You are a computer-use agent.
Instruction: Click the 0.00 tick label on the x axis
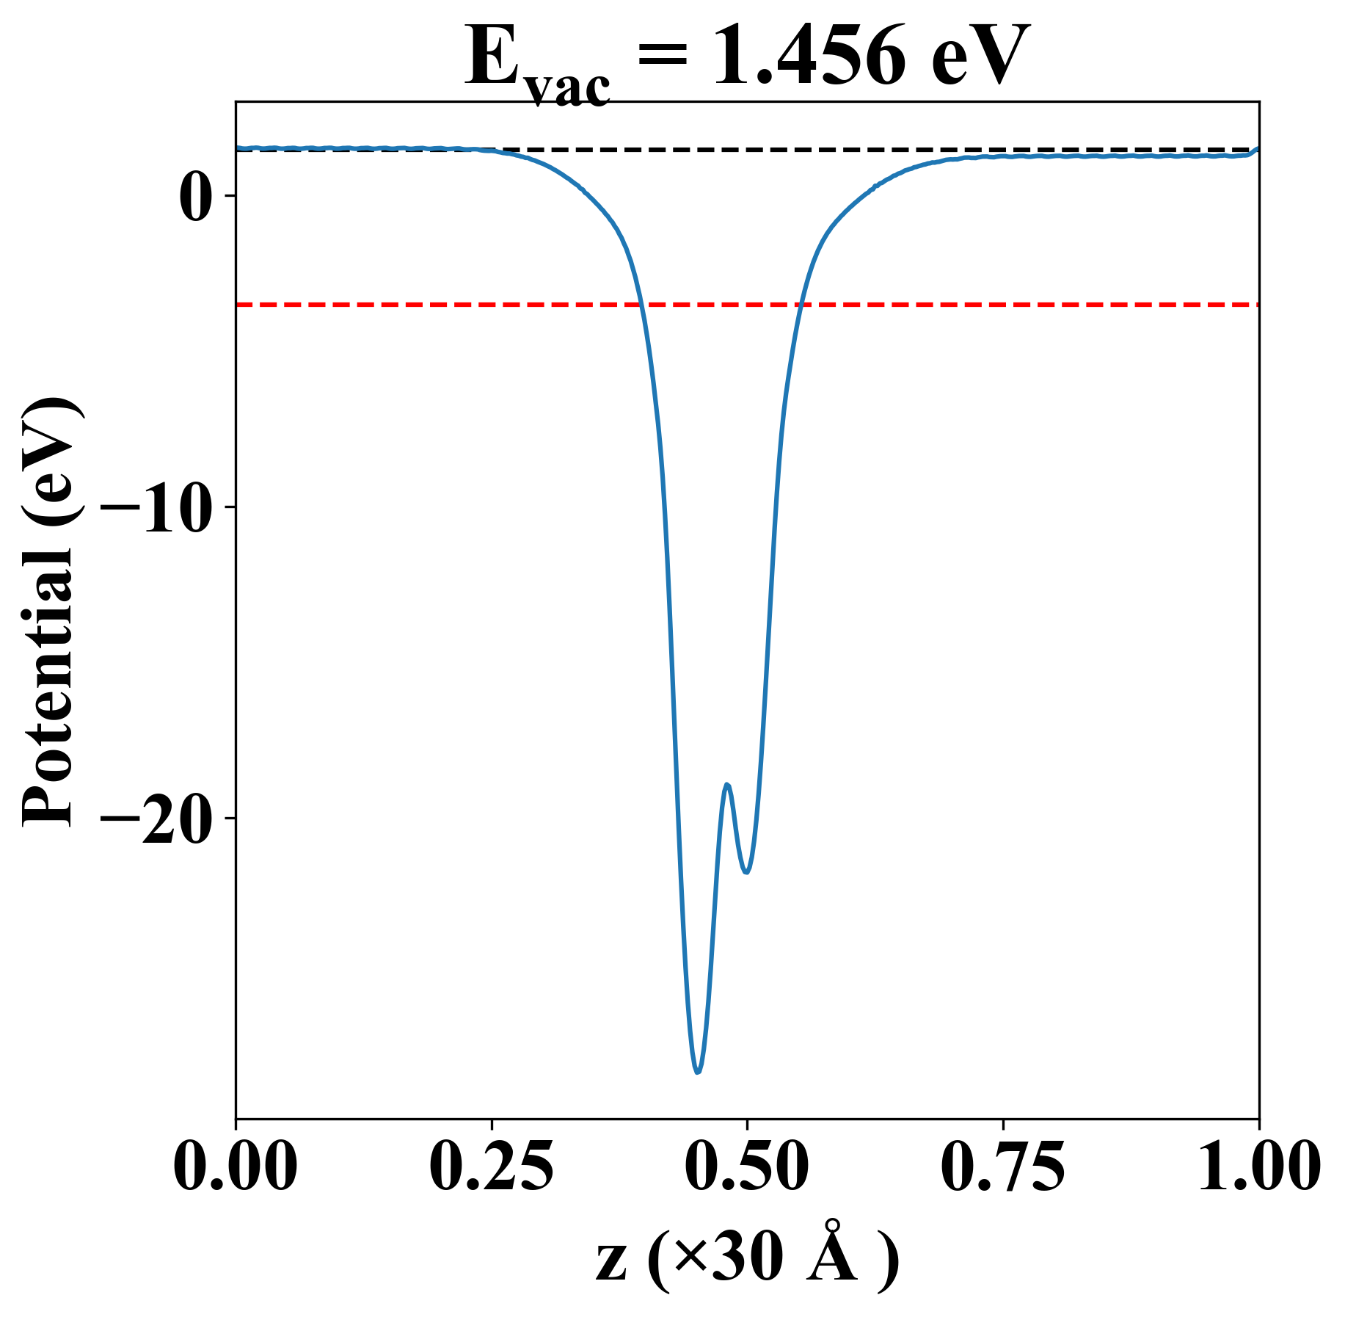[x=236, y=1167]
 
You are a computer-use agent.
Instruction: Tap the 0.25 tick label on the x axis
[x=491, y=1167]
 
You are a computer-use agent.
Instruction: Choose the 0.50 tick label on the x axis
[x=747, y=1167]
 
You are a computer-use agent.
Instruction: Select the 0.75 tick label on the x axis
[x=1002, y=1167]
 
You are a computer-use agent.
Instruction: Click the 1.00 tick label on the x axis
[x=1258, y=1167]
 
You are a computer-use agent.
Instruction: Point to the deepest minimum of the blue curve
[x=697, y=1073]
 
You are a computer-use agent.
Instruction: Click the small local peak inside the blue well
[x=727, y=785]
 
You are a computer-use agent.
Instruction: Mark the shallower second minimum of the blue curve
[x=746, y=872]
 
